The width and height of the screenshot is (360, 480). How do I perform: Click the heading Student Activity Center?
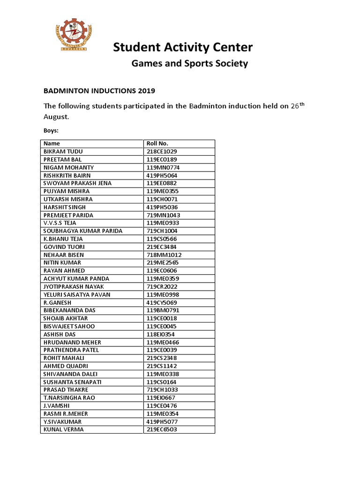click(x=183, y=47)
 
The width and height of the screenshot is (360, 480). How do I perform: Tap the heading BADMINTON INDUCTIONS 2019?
click(x=99, y=90)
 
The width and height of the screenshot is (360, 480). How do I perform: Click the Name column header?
click(x=52, y=143)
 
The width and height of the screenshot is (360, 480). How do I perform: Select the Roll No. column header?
click(x=157, y=143)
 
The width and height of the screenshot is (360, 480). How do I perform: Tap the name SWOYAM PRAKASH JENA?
click(x=77, y=183)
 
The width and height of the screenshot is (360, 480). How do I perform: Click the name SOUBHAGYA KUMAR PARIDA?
click(x=83, y=231)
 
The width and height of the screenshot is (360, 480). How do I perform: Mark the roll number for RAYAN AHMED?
click(x=162, y=271)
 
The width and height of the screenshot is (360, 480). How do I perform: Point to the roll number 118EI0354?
click(x=161, y=334)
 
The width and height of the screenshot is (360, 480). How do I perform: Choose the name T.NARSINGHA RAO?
click(x=69, y=398)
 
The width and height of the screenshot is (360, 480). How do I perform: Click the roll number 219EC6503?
click(x=162, y=429)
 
